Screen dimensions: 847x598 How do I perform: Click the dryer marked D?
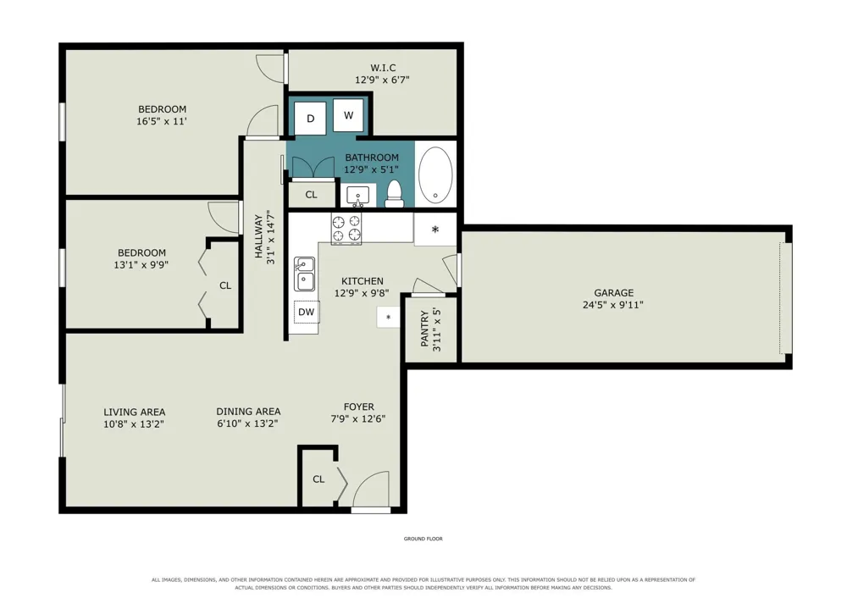click(310, 119)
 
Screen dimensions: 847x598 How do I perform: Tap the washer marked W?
click(348, 115)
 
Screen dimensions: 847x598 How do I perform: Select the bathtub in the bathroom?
click(435, 174)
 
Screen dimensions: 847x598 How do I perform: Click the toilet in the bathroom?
click(395, 194)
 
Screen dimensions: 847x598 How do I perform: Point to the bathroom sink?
click(357, 196)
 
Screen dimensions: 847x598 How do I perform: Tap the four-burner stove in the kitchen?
click(346, 229)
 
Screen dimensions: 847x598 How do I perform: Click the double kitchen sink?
click(305, 274)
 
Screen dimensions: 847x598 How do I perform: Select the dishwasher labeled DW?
click(307, 312)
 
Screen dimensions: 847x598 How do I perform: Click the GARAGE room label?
click(613, 293)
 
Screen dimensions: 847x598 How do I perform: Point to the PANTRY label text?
click(424, 329)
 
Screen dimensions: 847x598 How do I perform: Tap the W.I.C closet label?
click(383, 68)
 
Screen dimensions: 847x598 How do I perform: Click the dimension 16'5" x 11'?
click(162, 121)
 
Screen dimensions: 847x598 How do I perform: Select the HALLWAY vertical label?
click(258, 237)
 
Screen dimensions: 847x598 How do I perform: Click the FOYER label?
click(358, 407)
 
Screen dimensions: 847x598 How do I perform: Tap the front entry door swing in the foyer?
click(371, 490)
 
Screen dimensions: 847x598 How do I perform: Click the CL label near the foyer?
click(318, 479)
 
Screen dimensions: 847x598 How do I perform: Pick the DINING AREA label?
click(248, 412)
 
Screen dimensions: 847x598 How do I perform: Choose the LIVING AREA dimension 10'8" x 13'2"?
click(134, 424)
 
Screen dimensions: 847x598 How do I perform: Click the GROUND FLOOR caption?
click(423, 539)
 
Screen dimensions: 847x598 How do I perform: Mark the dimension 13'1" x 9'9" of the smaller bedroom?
click(141, 265)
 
